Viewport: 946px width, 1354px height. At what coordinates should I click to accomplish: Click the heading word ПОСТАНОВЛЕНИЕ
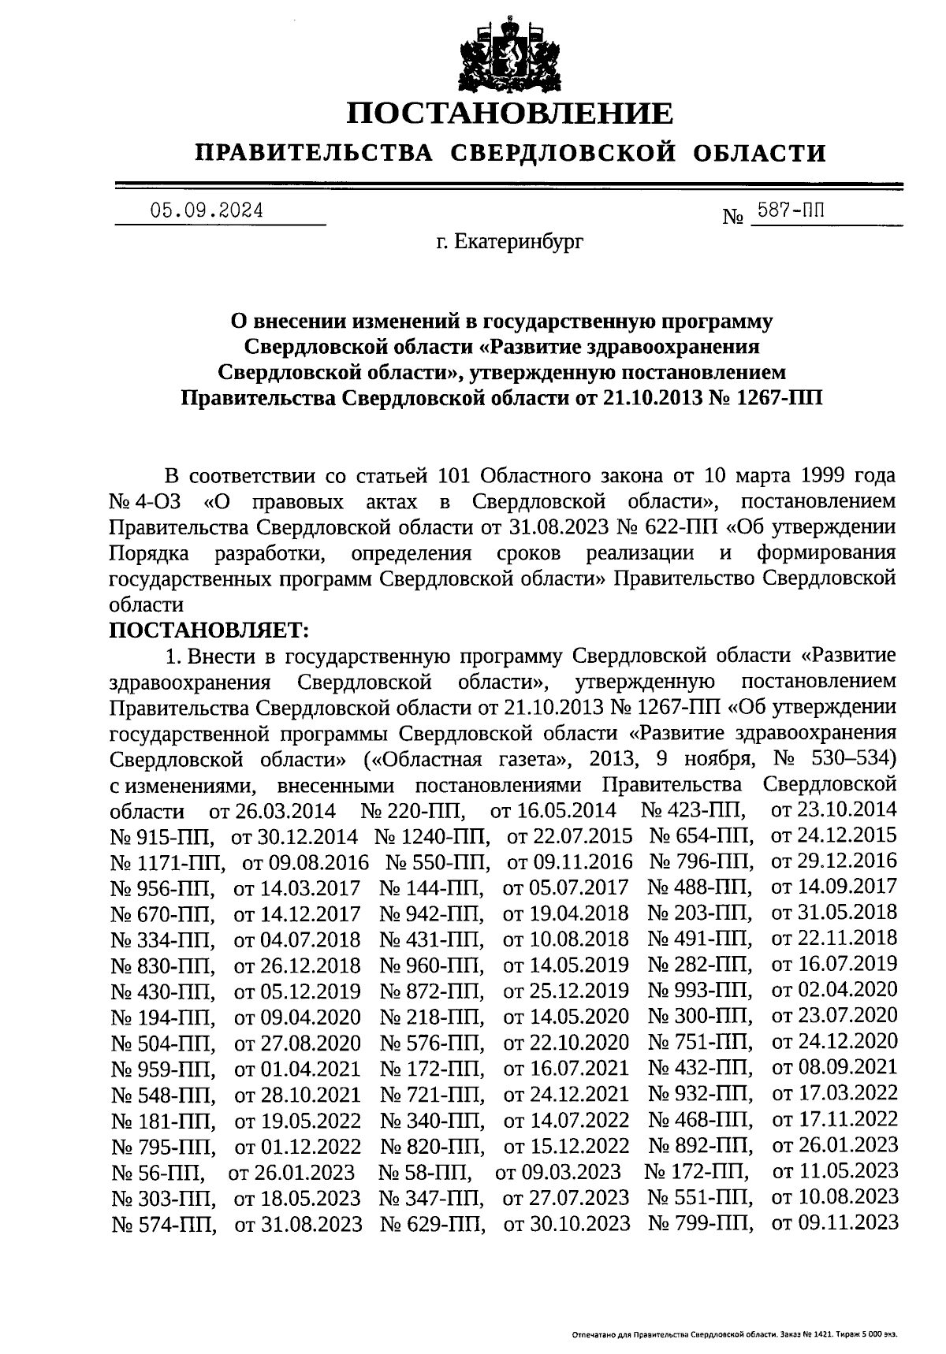click(511, 113)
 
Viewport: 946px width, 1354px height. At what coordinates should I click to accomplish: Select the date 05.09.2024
click(207, 210)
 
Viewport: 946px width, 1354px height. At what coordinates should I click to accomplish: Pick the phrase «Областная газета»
click(469, 759)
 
